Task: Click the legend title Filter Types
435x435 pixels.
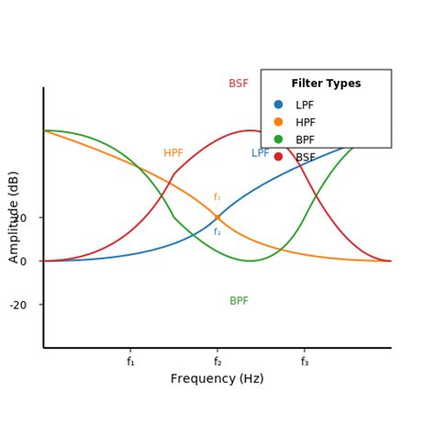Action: click(x=326, y=84)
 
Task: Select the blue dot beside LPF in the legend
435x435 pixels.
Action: click(x=278, y=105)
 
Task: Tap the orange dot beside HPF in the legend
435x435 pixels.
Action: click(x=278, y=122)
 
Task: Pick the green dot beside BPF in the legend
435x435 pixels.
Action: click(x=278, y=139)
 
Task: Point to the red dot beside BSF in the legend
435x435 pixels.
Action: click(x=278, y=157)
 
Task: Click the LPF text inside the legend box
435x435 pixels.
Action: click(x=305, y=105)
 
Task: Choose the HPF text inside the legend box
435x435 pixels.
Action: click(x=305, y=122)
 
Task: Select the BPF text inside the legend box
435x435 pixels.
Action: click(x=305, y=139)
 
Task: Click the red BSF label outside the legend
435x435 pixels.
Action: click(x=239, y=84)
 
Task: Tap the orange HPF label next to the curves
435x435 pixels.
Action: click(x=173, y=153)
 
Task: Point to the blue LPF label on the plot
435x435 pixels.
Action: click(x=261, y=153)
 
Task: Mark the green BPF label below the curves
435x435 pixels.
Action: click(x=239, y=301)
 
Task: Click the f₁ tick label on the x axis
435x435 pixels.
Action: click(x=130, y=362)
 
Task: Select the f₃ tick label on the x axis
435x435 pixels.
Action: click(x=305, y=362)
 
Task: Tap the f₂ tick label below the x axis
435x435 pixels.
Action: click(x=217, y=362)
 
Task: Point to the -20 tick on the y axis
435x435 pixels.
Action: click(x=18, y=305)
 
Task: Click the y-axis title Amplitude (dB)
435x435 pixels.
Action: click(x=14, y=217)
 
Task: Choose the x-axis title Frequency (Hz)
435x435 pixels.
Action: click(x=217, y=379)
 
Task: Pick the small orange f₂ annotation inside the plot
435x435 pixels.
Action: click(x=217, y=197)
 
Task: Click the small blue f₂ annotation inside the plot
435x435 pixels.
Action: click(x=217, y=232)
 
